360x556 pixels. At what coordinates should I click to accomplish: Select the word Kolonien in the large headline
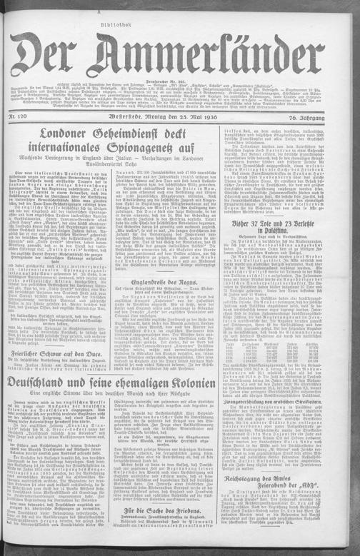[x=229, y=403]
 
